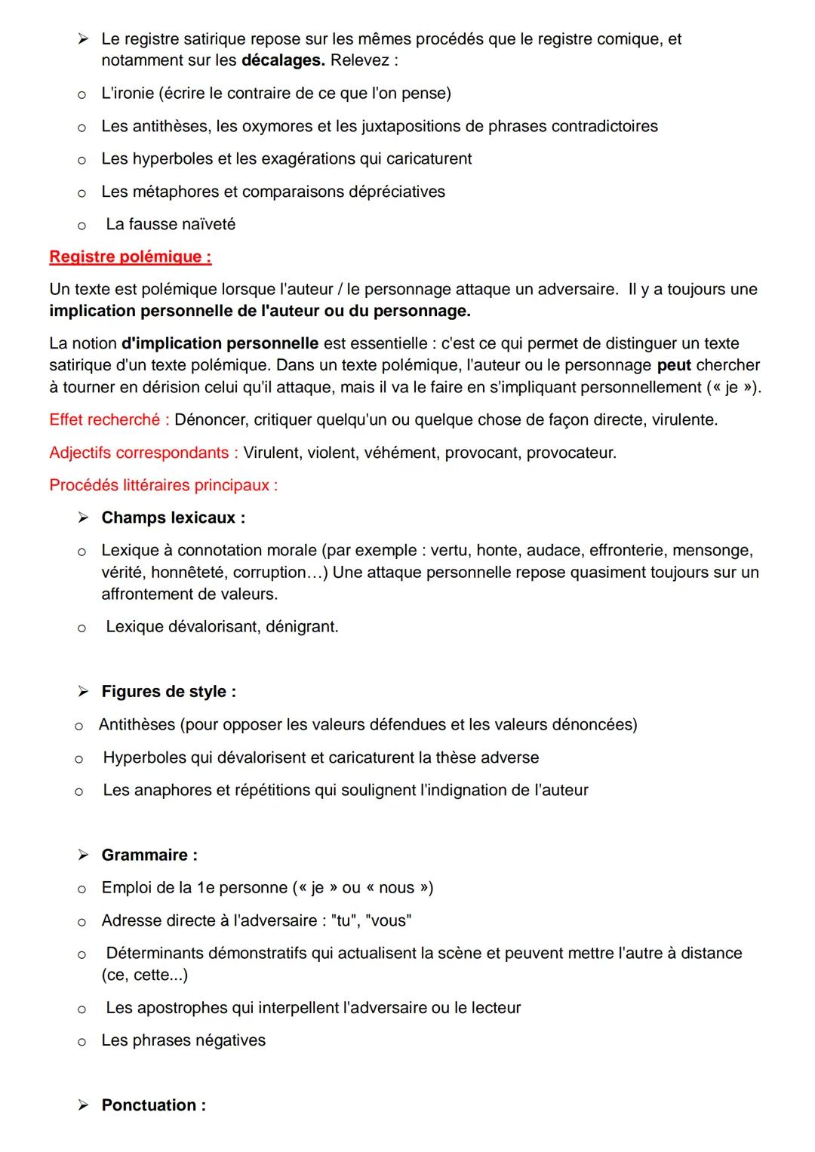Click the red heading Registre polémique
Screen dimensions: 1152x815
130,257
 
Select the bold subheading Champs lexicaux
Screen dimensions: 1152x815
173,518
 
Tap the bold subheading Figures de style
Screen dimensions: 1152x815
168,692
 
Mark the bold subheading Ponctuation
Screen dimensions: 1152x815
153,1105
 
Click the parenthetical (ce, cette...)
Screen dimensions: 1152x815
145,975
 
